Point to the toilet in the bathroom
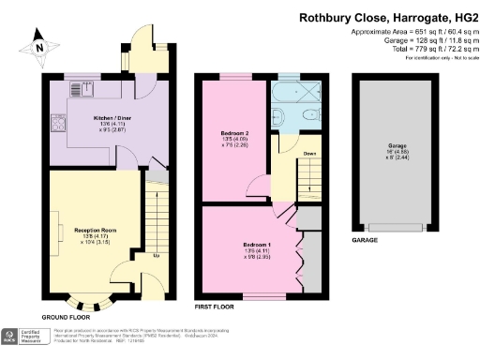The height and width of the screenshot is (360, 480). point(278,116)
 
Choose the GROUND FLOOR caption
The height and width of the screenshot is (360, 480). point(69,318)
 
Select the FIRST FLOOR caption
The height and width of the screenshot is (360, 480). point(215,307)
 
